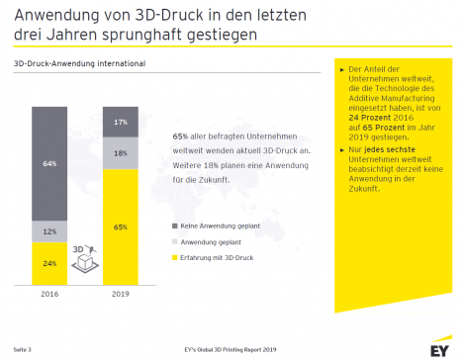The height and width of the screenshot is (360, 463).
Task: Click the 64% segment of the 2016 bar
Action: (49, 163)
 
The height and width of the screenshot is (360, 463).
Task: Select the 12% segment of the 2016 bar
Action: (49, 231)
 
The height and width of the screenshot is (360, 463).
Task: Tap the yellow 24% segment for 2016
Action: (49, 263)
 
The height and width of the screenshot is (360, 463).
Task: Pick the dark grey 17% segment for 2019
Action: (121, 122)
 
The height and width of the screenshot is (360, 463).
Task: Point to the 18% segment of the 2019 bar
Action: (121, 153)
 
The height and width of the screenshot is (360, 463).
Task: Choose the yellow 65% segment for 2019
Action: (121, 227)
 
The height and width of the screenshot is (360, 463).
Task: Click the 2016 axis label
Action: (49, 294)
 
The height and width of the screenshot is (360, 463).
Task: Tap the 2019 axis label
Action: (121, 294)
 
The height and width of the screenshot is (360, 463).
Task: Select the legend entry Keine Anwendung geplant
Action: (216, 226)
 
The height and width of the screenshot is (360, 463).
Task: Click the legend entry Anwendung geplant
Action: (207, 242)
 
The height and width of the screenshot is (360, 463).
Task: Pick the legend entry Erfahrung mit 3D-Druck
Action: (213, 258)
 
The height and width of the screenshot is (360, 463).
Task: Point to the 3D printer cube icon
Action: (85, 259)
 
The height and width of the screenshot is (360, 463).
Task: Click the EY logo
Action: (441, 347)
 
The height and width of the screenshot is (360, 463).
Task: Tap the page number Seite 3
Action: (22, 349)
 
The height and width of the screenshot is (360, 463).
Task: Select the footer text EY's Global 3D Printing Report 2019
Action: (231, 349)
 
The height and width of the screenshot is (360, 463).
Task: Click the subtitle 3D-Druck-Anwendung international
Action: (79, 63)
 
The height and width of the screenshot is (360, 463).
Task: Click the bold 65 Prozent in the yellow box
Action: (384, 128)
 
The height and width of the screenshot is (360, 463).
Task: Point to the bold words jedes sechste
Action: (390, 149)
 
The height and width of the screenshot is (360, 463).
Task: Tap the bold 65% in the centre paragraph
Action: (180, 136)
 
